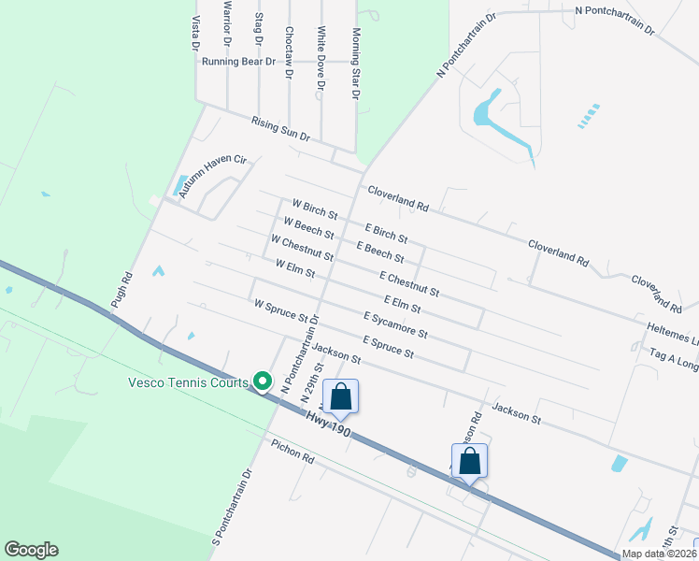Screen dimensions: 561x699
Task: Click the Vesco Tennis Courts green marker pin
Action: pyautogui.click(x=263, y=381)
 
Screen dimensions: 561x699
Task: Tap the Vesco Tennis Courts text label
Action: pyautogui.click(x=188, y=381)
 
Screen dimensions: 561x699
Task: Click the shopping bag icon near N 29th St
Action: pyautogui.click(x=341, y=396)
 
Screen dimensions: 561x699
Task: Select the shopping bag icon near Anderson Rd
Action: pyautogui.click(x=470, y=461)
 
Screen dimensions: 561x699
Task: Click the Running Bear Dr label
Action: pyautogui.click(x=239, y=62)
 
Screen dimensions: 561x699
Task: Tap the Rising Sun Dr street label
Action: pyautogui.click(x=280, y=128)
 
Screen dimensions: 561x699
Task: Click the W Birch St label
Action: pyautogui.click(x=313, y=209)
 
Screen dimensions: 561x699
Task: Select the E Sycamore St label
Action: pyautogui.click(x=395, y=324)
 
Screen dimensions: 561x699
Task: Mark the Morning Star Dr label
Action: pyautogui.click(x=356, y=64)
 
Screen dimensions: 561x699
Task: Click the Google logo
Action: pyautogui.click(x=31, y=550)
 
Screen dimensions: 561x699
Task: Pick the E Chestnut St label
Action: pyautogui.click(x=409, y=285)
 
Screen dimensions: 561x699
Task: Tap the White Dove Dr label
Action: pyautogui.click(x=321, y=58)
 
